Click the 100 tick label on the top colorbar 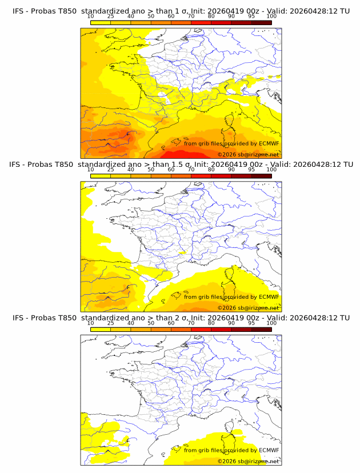point(271,16)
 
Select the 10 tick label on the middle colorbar point(90,170)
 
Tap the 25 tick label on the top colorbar point(111,16)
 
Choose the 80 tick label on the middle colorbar point(211,170)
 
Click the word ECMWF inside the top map point(269,143)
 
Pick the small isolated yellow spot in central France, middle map point(182,252)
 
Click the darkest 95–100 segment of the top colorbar point(261,22)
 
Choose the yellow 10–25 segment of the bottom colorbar point(101,329)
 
